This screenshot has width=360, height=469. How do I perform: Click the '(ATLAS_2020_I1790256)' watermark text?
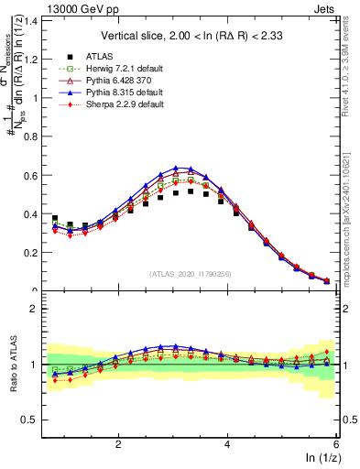click(x=191, y=274)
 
